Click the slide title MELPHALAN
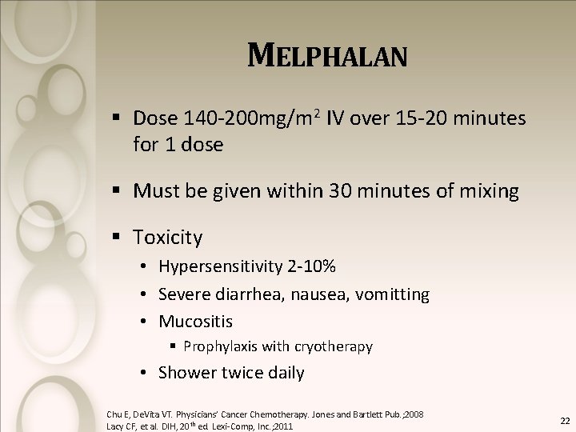327,56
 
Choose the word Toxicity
168,238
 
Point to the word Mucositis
196,322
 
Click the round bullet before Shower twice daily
140,373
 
